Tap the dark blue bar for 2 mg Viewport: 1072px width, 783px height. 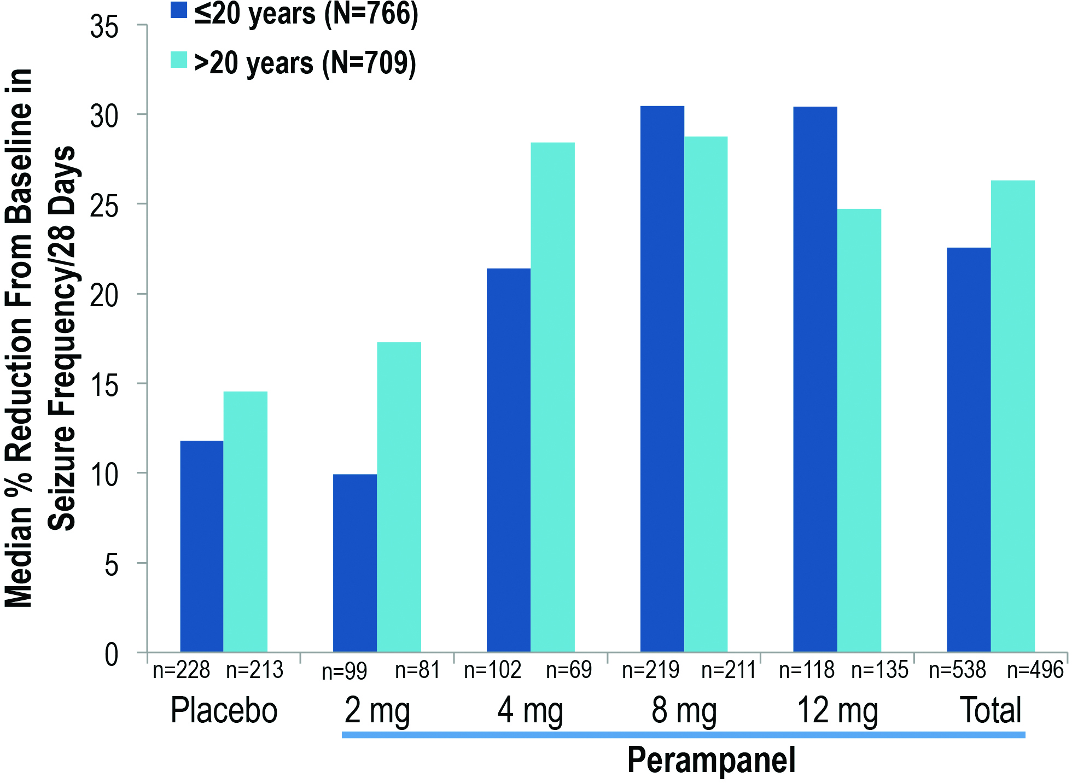tap(354, 563)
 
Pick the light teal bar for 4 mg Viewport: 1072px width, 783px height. tap(552, 397)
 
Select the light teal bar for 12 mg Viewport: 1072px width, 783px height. tap(859, 430)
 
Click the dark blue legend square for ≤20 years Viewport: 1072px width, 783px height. tap(179, 10)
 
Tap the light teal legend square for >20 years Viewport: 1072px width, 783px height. tap(179, 60)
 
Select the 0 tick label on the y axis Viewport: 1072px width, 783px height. tap(111, 654)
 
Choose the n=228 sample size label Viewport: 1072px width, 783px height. tap(181, 670)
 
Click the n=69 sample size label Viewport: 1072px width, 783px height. tap(569, 670)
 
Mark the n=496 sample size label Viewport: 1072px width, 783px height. tap(1035, 670)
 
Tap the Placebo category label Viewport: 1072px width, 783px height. tap(224, 710)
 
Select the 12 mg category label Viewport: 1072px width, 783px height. tap(837, 710)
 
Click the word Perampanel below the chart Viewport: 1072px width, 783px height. tap(711, 760)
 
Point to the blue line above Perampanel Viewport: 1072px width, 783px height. tap(683, 735)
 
